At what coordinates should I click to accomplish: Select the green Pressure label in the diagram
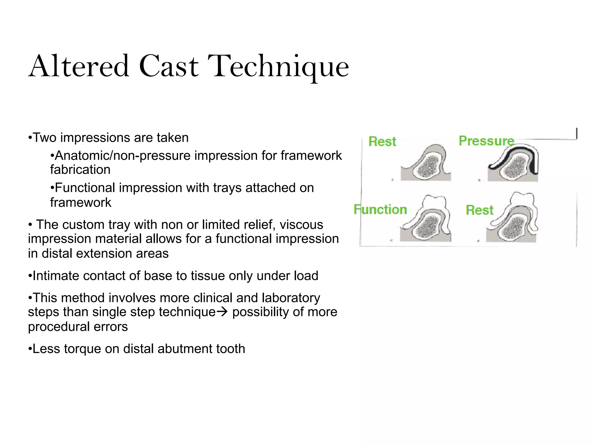click(486, 141)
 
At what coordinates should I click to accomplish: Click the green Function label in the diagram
click(380, 209)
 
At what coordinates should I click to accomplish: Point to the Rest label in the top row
click(382, 142)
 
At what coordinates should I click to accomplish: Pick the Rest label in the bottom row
click(480, 210)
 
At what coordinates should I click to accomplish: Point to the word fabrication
click(80, 170)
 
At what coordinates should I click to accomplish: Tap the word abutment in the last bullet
click(182, 349)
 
